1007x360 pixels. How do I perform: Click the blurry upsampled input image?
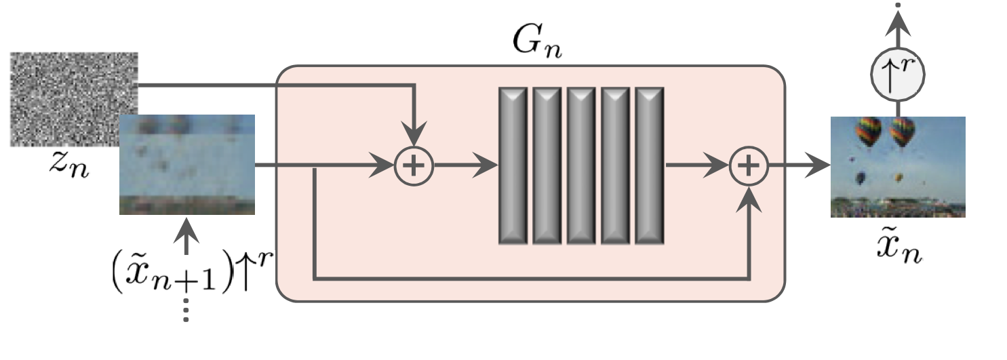point(186,165)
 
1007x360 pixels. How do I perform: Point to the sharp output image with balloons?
point(897,167)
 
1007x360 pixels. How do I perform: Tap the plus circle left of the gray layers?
point(414,165)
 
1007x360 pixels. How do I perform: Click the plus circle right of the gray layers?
point(749,165)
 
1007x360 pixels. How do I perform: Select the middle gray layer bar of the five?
point(581,165)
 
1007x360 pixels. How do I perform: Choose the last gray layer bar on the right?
point(649,165)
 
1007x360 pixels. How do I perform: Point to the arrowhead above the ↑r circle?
point(898,26)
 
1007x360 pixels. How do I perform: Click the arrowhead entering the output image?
point(821,165)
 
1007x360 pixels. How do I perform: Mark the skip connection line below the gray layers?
point(529,278)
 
